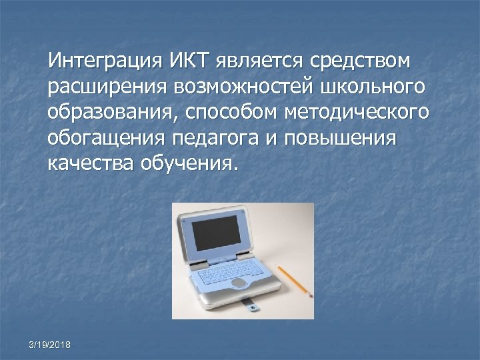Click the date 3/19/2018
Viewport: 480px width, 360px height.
pyautogui.click(x=51, y=344)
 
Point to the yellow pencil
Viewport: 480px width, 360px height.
pyautogui.click(x=293, y=280)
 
